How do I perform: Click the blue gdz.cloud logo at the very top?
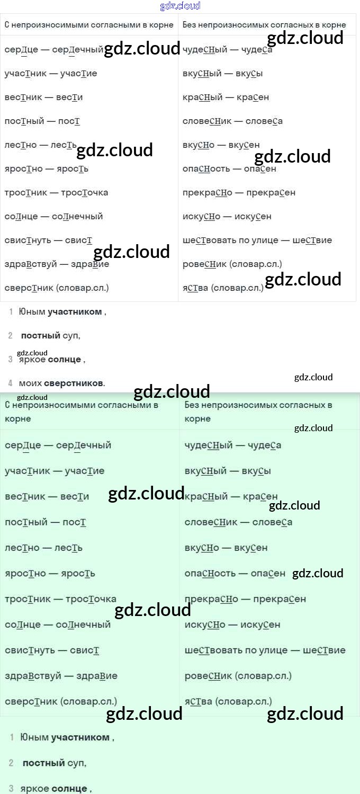pyautogui.click(x=180, y=6)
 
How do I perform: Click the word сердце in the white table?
pyautogui.click(x=20, y=49)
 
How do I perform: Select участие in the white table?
pyautogui.click(x=79, y=73)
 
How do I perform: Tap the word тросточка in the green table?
pyautogui.click(x=91, y=599)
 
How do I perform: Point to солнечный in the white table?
pyautogui.click(x=78, y=216)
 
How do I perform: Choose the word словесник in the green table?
pyautogui.click(x=209, y=522)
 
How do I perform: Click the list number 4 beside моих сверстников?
pyautogui.click(x=11, y=383)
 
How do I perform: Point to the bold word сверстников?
pyautogui.click(x=74, y=383)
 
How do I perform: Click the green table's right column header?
pyautogui.click(x=258, y=412)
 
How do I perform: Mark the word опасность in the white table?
pyautogui.click(x=206, y=168)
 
